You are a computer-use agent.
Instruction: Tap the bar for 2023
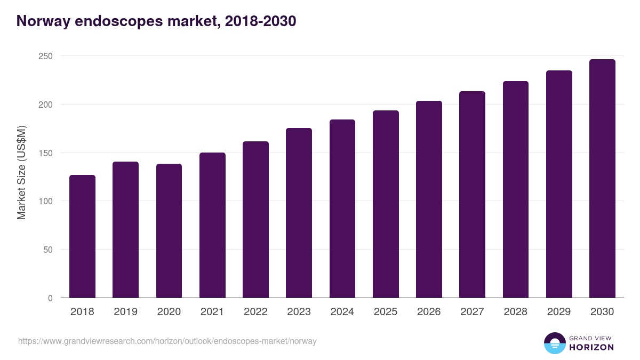[x=299, y=213]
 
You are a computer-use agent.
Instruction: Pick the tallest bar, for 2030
[x=602, y=179]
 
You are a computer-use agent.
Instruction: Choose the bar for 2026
[x=429, y=199]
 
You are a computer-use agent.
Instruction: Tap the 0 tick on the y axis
[x=50, y=298]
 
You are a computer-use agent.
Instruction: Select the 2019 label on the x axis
[x=125, y=312]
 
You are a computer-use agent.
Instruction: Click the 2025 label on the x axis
[x=386, y=312]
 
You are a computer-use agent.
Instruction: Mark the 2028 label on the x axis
[x=516, y=312]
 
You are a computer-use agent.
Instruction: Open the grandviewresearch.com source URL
[x=167, y=341]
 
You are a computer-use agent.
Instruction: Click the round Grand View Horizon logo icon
[x=554, y=343]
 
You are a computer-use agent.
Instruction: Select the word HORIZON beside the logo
[x=591, y=347]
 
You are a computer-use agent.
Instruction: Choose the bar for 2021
[x=212, y=225]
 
